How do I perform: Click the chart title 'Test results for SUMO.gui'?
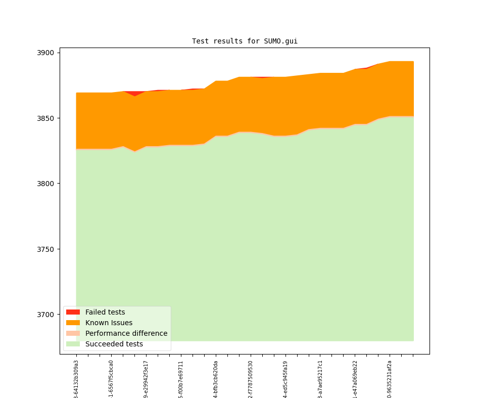point(245,41)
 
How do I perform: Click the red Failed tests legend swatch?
point(73,312)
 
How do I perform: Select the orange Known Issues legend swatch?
point(73,323)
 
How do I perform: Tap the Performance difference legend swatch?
point(73,333)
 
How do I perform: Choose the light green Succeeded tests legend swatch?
point(73,344)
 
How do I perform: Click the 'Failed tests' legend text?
point(105,312)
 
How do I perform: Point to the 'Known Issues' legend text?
point(109,323)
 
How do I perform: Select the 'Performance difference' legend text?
point(126,333)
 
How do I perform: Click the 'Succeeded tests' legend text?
point(114,344)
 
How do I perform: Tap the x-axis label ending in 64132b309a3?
point(76,379)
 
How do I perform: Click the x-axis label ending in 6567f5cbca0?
point(111,379)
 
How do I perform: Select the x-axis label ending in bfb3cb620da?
point(216,379)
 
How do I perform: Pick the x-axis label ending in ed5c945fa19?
point(285,379)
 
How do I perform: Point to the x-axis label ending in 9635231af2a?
point(390,379)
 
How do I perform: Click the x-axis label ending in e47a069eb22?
point(355,379)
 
